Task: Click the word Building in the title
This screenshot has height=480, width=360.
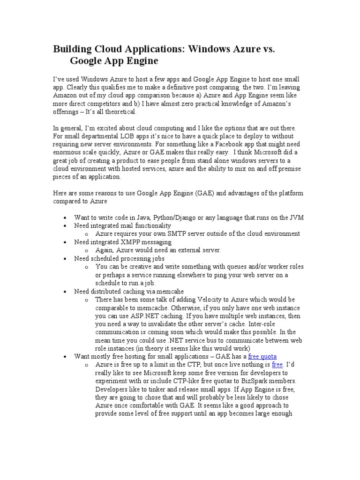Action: (73, 49)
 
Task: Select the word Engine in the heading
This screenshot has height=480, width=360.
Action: (139, 61)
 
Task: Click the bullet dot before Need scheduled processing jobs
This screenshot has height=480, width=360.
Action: (65, 258)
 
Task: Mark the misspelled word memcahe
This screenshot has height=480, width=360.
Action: (157, 291)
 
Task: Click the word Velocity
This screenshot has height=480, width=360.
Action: (209, 299)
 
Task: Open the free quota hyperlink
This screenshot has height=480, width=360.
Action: (262, 356)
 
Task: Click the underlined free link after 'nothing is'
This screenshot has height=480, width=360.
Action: (277, 364)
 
